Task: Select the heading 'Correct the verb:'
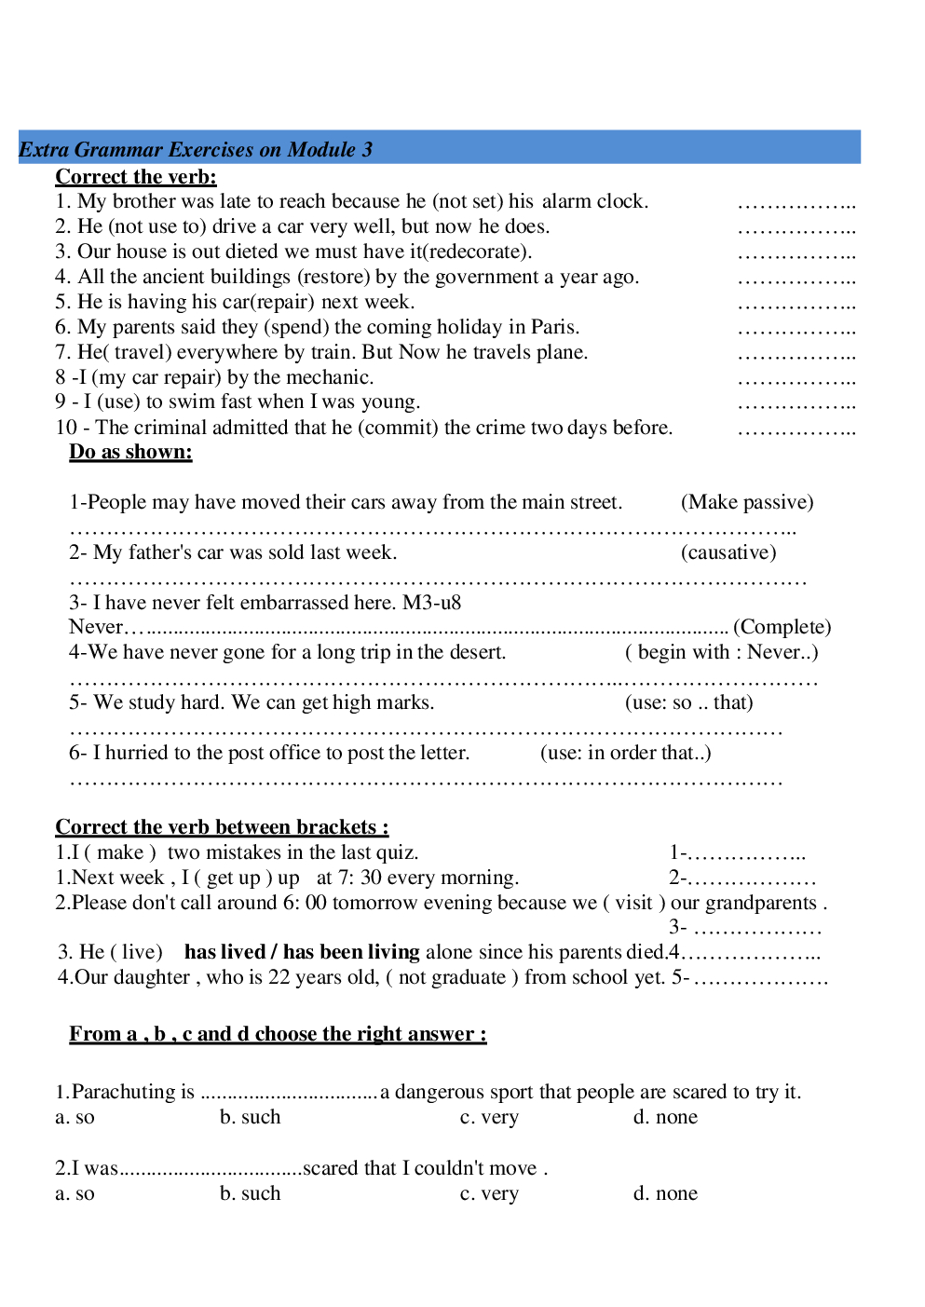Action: (x=136, y=177)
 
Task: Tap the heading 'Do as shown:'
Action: (x=130, y=452)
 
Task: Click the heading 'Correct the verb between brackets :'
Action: (x=222, y=827)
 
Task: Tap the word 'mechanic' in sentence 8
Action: (x=327, y=377)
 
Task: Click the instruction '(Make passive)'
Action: (x=747, y=502)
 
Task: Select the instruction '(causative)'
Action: (x=728, y=552)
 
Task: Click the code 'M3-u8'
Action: (x=431, y=603)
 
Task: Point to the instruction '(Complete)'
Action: (x=782, y=627)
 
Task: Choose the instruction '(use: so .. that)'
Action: (x=689, y=702)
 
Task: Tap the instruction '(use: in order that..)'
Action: (x=626, y=753)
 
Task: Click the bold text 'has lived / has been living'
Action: (x=302, y=952)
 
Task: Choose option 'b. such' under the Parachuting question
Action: (x=250, y=1117)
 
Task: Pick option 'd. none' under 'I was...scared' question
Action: (x=665, y=1193)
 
